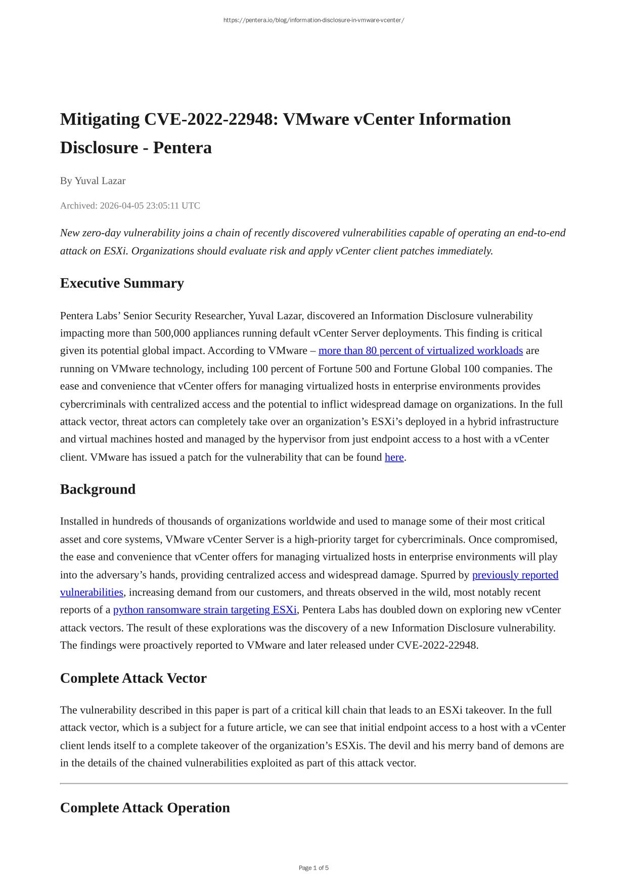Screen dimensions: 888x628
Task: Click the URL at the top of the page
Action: (x=313, y=20)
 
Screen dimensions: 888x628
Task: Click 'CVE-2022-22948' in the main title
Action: (x=211, y=119)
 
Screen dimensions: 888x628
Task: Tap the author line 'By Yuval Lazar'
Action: (x=93, y=181)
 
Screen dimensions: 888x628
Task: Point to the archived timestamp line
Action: (x=130, y=206)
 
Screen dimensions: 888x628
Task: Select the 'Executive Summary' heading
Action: (x=122, y=283)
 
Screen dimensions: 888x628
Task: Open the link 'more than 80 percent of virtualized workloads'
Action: (x=420, y=351)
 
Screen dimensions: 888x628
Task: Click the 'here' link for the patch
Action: (x=394, y=458)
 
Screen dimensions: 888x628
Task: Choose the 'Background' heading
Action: (x=98, y=490)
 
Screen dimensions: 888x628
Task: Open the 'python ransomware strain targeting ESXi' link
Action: (x=205, y=610)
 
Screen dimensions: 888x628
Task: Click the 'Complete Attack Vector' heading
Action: (x=133, y=678)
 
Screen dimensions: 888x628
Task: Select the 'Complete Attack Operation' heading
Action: (x=145, y=808)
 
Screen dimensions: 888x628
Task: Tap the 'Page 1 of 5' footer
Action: (x=313, y=868)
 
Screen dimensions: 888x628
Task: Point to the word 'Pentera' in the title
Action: (x=182, y=148)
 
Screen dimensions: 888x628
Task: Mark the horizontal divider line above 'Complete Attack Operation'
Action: (x=313, y=783)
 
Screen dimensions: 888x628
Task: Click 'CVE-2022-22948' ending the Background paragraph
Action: (x=437, y=646)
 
